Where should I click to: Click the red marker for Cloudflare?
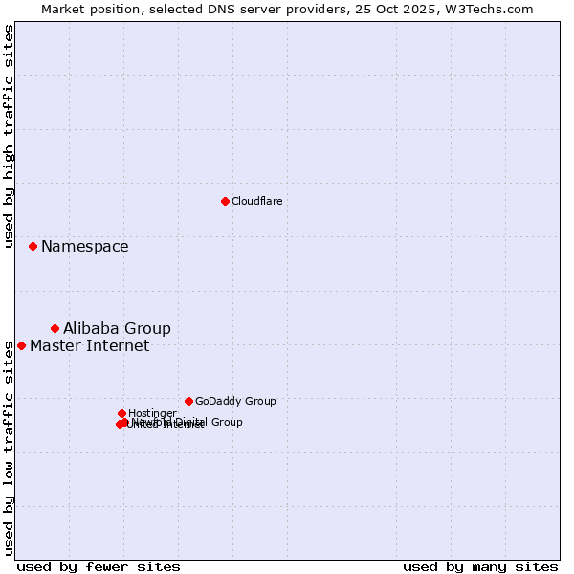225,201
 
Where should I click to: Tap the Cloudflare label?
256,201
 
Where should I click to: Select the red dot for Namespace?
33,246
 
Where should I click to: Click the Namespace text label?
84,247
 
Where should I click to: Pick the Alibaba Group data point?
55,328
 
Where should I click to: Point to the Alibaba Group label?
117,329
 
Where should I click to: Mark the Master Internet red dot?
21,345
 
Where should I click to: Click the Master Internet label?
89,346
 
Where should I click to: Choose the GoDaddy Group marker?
188,401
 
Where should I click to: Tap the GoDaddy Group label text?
235,402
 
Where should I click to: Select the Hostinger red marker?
121,413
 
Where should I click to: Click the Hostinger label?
152,413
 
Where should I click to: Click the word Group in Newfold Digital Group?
226,422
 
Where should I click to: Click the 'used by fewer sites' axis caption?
99,566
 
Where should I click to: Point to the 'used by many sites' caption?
480,566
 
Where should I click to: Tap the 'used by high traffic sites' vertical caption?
9,136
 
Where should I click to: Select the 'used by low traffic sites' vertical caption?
9,448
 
